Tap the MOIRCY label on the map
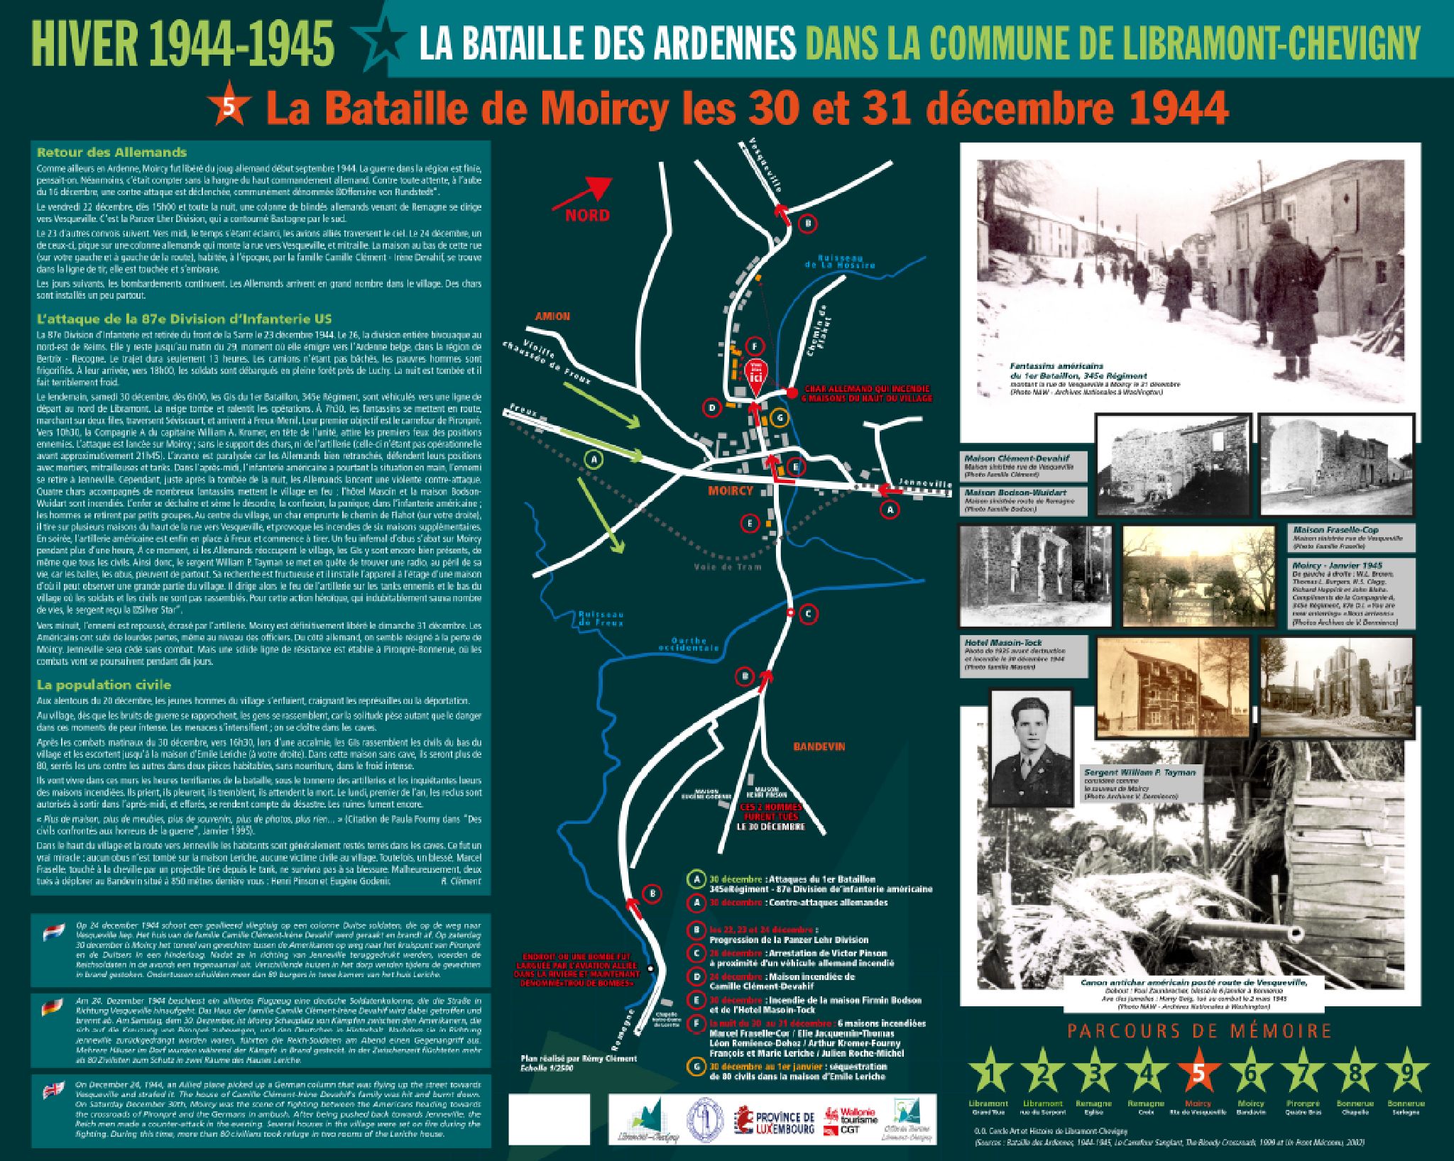[x=731, y=490]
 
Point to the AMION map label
[x=552, y=317]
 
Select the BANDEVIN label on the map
[x=819, y=747]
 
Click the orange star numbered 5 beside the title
[x=231, y=106]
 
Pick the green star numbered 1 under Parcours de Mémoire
[x=988, y=1073]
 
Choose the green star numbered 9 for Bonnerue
[x=1406, y=1073]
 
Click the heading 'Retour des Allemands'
[x=111, y=153]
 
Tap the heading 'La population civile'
[x=104, y=685]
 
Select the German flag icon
[x=52, y=1007]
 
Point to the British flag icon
[x=53, y=1090]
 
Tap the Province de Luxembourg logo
[x=774, y=1119]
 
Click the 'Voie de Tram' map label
[x=728, y=567]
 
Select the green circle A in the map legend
[x=697, y=879]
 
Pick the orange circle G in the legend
[x=697, y=1066]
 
